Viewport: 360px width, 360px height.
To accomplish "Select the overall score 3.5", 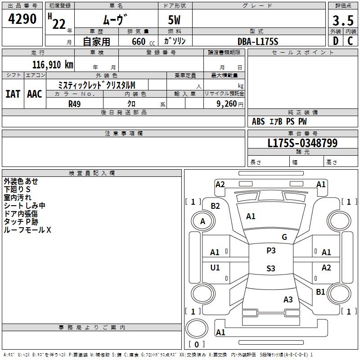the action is pyautogui.click(x=342, y=21).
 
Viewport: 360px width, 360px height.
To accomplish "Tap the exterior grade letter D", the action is pyautogui.click(x=335, y=41).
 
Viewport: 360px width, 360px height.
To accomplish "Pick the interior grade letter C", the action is pyautogui.click(x=350, y=41).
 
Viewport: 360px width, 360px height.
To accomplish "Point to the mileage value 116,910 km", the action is pyautogui.click(x=53, y=64).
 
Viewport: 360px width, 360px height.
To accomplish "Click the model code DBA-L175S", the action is pyautogui.click(x=258, y=41).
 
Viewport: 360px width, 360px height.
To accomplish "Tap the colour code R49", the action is pyautogui.click(x=75, y=103).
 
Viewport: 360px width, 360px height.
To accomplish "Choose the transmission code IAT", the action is pyautogui.click(x=13, y=94).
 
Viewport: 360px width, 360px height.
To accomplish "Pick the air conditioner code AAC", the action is pyautogui.click(x=35, y=94).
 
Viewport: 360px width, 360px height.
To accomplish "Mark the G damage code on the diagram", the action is pyautogui.click(x=284, y=237).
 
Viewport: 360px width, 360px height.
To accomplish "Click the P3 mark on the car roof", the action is pyautogui.click(x=271, y=251).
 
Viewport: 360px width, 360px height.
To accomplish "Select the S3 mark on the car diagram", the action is pyautogui.click(x=270, y=269).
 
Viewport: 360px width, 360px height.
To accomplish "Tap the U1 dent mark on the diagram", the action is pyautogui.click(x=215, y=268).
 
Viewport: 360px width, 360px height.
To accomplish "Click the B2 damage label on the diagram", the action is pyautogui.click(x=216, y=206).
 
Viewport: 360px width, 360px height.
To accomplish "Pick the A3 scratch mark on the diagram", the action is pyautogui.click(x=288, y=300).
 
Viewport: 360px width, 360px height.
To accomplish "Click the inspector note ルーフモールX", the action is pyautogui.click(x=27, y=230).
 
